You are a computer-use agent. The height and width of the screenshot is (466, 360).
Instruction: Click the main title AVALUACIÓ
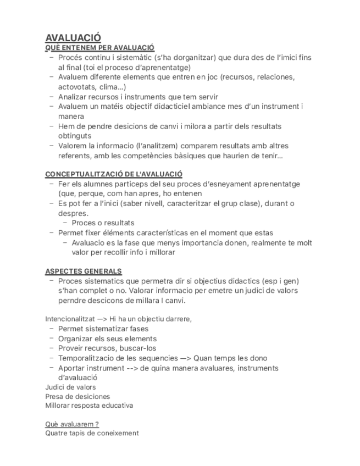point(73,38)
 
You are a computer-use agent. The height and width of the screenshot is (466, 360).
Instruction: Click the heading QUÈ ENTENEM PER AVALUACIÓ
point(99,48)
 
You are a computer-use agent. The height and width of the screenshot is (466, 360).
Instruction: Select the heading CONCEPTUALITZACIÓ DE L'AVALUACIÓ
point(114,174)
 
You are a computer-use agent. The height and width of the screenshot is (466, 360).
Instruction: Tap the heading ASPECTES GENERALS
point(84,271)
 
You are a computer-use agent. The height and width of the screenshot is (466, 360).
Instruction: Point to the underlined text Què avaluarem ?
point(72,424)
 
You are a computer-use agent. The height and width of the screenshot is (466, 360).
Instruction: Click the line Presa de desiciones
point(77,396)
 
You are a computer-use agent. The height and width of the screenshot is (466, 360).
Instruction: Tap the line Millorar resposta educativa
point(89,406)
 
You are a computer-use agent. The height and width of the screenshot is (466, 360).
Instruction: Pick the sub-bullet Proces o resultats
point(103,223)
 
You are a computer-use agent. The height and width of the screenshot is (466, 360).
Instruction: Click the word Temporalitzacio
point(86,358)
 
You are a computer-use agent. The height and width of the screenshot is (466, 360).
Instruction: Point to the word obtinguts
point(75,136)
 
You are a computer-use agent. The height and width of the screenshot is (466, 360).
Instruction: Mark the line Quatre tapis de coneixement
point(92,433)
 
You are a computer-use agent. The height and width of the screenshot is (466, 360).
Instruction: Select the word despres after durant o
point(72,213)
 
